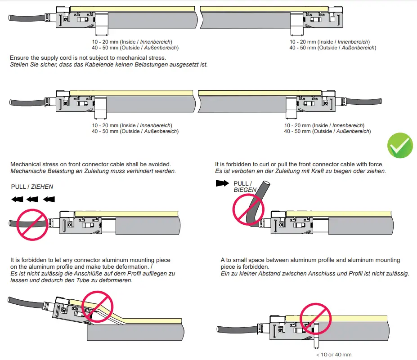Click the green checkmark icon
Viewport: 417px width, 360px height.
tap(400, 146)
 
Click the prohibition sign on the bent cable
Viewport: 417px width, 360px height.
tap(248, 209)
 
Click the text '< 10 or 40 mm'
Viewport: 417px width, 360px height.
tap(333, 355)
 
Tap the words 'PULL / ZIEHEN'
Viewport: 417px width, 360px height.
tap(32, 186)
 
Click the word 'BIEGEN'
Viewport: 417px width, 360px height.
tap(245, 190)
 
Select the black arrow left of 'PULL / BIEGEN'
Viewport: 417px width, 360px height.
tap(222, 183)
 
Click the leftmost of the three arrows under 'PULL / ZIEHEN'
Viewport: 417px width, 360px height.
tap(17, 199)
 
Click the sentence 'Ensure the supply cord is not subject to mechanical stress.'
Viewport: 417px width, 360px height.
tap(88, 58)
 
